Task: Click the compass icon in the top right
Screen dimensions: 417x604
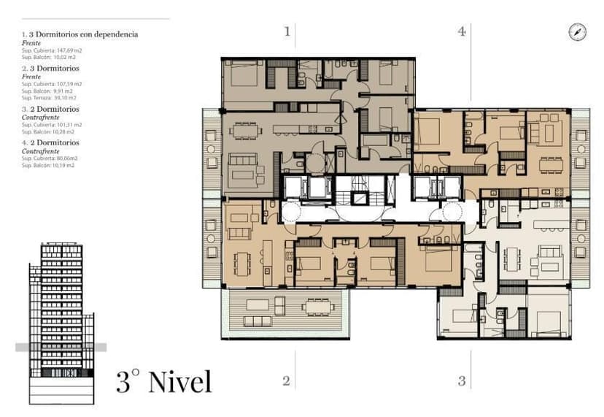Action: (577, 32)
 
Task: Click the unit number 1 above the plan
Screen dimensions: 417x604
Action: (287, 31)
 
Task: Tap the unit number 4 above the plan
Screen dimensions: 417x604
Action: (461, 31)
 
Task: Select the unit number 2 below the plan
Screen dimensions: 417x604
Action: (286, 380)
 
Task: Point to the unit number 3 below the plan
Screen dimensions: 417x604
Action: (461, 380)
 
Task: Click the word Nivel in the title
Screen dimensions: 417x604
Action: (179, 381)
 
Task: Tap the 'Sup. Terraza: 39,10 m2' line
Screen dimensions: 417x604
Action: (50, 97)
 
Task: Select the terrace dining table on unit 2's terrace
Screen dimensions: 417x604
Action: (319, 306)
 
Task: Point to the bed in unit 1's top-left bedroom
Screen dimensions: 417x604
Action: (243, 73)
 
